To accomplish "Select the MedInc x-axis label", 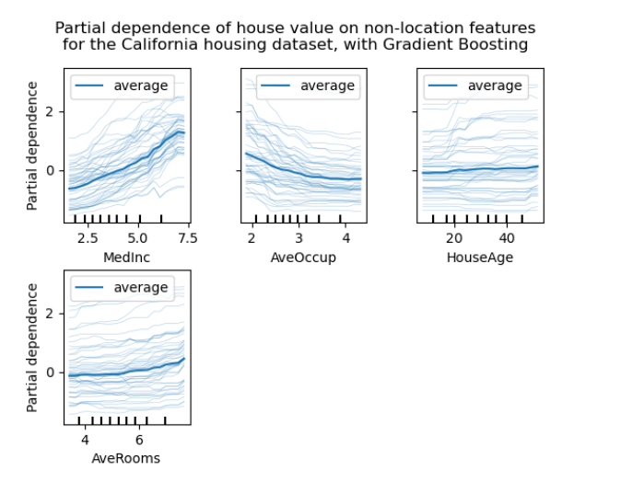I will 127,258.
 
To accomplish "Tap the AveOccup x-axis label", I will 303,258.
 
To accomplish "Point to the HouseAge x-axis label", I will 479,258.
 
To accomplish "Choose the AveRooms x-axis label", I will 126,458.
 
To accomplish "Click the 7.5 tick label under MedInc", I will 187,239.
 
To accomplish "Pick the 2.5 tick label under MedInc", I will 87,239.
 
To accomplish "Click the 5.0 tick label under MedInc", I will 137,239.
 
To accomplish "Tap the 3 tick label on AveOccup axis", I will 298,239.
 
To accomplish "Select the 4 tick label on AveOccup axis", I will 343,239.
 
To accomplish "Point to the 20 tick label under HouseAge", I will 452,239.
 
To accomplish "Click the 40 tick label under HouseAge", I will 505,239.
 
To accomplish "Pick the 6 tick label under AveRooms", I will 138,440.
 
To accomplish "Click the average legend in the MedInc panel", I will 121,86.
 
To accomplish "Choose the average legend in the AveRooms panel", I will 121,288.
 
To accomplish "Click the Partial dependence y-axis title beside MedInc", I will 33,145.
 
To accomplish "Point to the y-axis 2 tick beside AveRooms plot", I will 53,314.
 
